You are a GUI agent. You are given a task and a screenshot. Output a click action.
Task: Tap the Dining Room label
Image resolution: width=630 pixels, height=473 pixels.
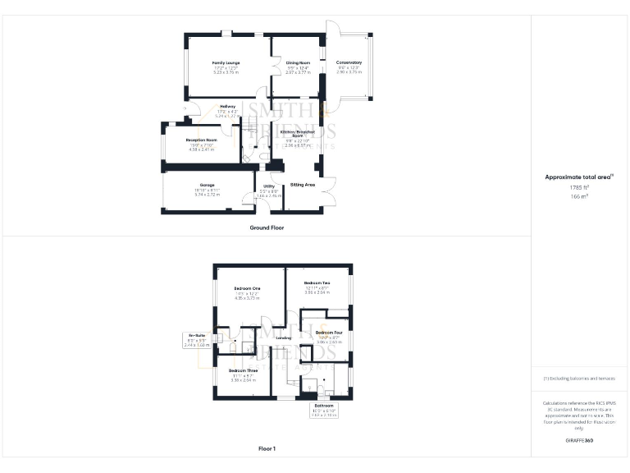pyautogui.click(x=298, y=63)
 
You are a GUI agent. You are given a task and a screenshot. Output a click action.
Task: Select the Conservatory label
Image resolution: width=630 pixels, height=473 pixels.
pyautogui.click(x=349, y=63)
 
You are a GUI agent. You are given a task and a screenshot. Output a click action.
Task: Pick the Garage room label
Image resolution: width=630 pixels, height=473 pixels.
pyautogui.click(x=207, y=186)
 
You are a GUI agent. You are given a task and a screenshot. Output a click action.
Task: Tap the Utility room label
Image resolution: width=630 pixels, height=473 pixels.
pyautogui.click(x=268, y=187)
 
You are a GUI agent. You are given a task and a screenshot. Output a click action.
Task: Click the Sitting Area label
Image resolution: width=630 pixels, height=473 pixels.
pyautogui.click(x=304, y=185)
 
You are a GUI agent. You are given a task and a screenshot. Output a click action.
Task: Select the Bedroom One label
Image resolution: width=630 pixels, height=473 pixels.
pyautogui.click(x=247, y=288)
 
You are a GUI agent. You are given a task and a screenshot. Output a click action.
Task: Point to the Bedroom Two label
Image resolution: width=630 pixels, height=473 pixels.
pyautogui.click(x=317, y=283)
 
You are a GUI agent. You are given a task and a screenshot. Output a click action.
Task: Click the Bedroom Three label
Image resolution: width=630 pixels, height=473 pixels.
pyautogui.click(x=245, y=371)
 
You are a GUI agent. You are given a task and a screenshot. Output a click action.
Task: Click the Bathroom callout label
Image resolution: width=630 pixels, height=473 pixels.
pyautogui.click(x=324, y=406)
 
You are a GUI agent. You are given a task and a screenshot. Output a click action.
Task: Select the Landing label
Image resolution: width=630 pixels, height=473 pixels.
pyautogui.click(x=285, y=338)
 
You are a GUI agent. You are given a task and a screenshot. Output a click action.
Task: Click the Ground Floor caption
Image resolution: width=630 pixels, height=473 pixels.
pyautogui.click(x=267, y=227)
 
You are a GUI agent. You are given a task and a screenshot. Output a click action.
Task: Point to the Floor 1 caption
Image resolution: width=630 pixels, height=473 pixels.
pyautogui.click(x=267, y=448)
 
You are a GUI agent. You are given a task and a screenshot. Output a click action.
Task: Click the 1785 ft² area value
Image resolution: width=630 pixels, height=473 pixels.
pyautogui.click(x=579, y=187)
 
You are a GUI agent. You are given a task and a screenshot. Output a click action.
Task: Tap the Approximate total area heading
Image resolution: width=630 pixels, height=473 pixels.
pyautogui.click(x=577, y=177)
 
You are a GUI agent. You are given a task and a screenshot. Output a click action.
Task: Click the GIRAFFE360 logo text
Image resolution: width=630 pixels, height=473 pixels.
pyautogui.click(x=579, y=441)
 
